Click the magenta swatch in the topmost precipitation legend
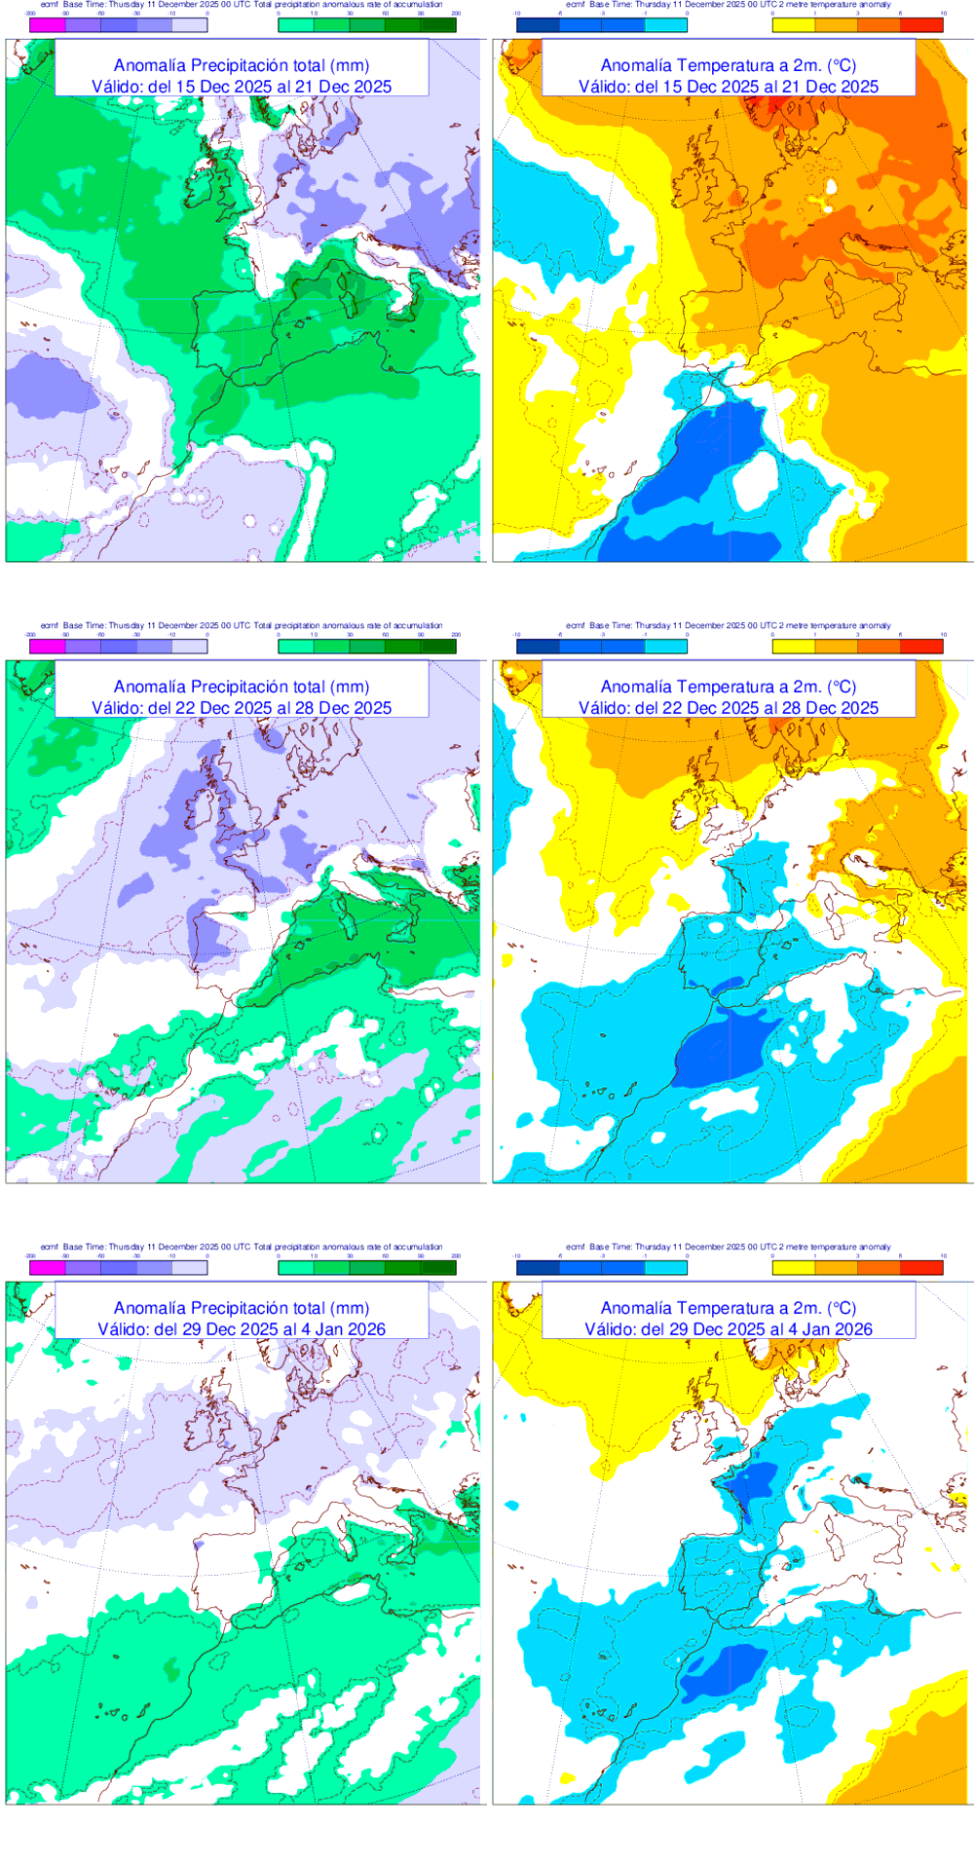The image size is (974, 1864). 48,25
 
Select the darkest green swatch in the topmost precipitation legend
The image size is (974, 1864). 437,25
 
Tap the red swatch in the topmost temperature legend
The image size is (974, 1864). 921,25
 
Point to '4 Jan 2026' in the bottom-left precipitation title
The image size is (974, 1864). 348,1329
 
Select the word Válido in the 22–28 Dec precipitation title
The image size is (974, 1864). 117,708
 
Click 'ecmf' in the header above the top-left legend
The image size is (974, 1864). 49,5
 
